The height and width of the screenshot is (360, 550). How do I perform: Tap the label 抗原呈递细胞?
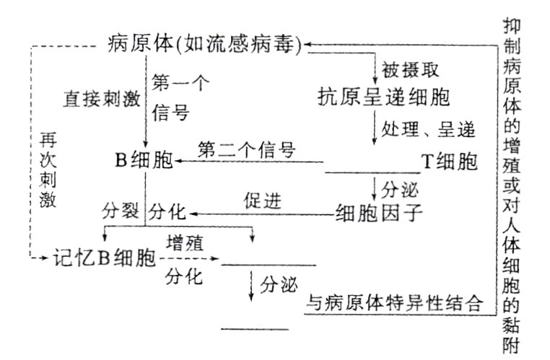pyautogui.click(x=384, y=97)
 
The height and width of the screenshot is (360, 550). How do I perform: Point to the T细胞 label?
pyautogui.click(x=450, y=160)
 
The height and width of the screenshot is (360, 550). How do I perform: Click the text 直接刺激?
pyautogui.click(x=102, y=97)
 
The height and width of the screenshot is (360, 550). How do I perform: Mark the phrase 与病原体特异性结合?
pyautogui.click(x=393, y=302)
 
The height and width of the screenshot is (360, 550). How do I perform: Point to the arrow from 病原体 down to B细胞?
pyautogui.click(x=147, y=101)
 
